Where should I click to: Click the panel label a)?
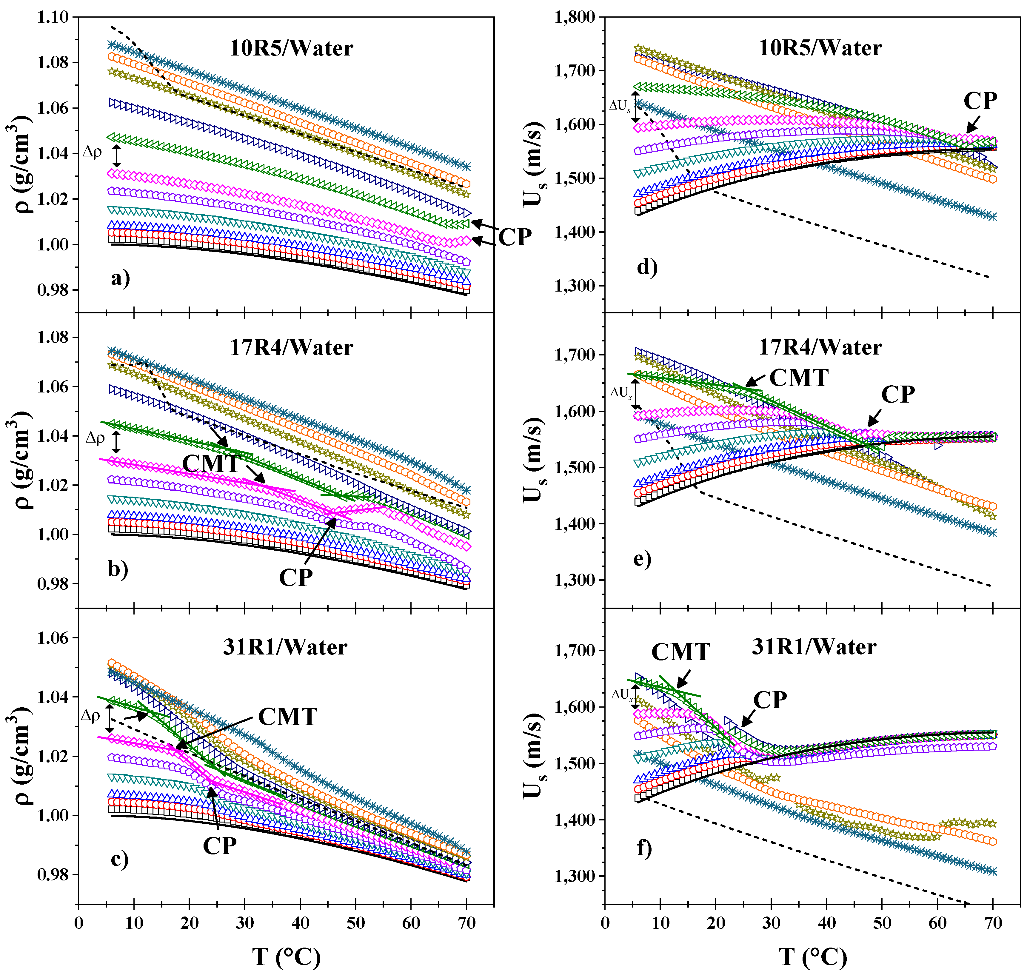tap(120, 279)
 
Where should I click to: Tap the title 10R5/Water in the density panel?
tap(291, 48)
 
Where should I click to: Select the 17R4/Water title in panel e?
tap(820, 348)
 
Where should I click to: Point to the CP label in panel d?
tap(980, 101)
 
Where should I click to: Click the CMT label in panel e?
tap(799, 378)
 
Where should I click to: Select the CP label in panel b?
tap(295, 577)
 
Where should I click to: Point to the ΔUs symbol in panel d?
tap(620, 106)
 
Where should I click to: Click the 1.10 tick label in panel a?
tap(53, 17)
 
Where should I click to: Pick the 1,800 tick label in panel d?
tap(575, 17)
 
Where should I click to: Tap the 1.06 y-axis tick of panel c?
tap(53, 638)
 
